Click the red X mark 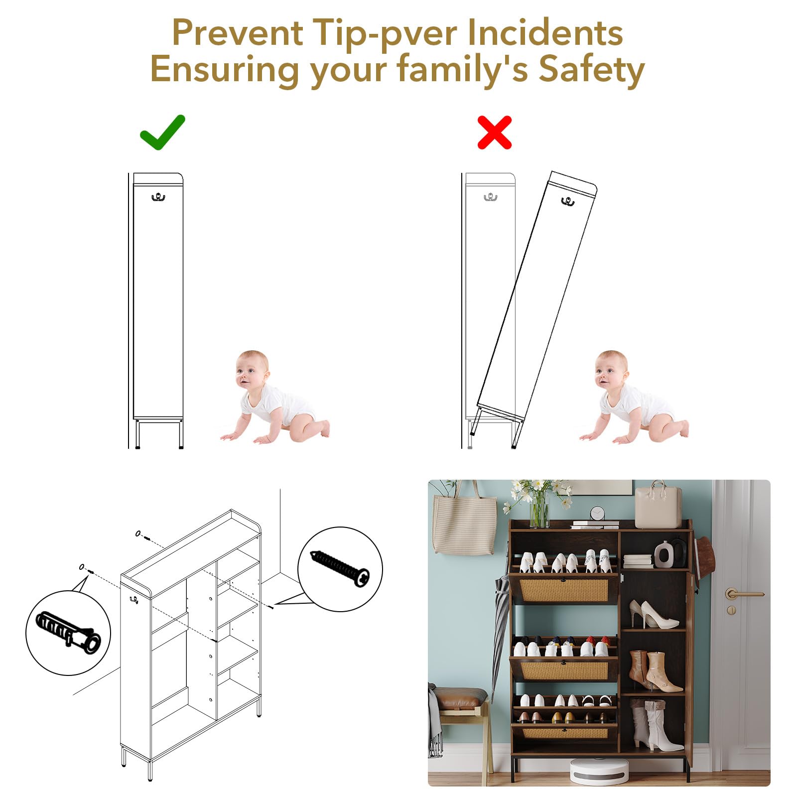point(495,133)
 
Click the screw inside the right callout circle point(340,567)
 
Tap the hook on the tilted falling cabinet point(567,201)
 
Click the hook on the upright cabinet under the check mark point(158,197)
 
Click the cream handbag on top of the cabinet point(658,505)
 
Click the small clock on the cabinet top point(597,514)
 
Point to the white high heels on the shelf point(653,615)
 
